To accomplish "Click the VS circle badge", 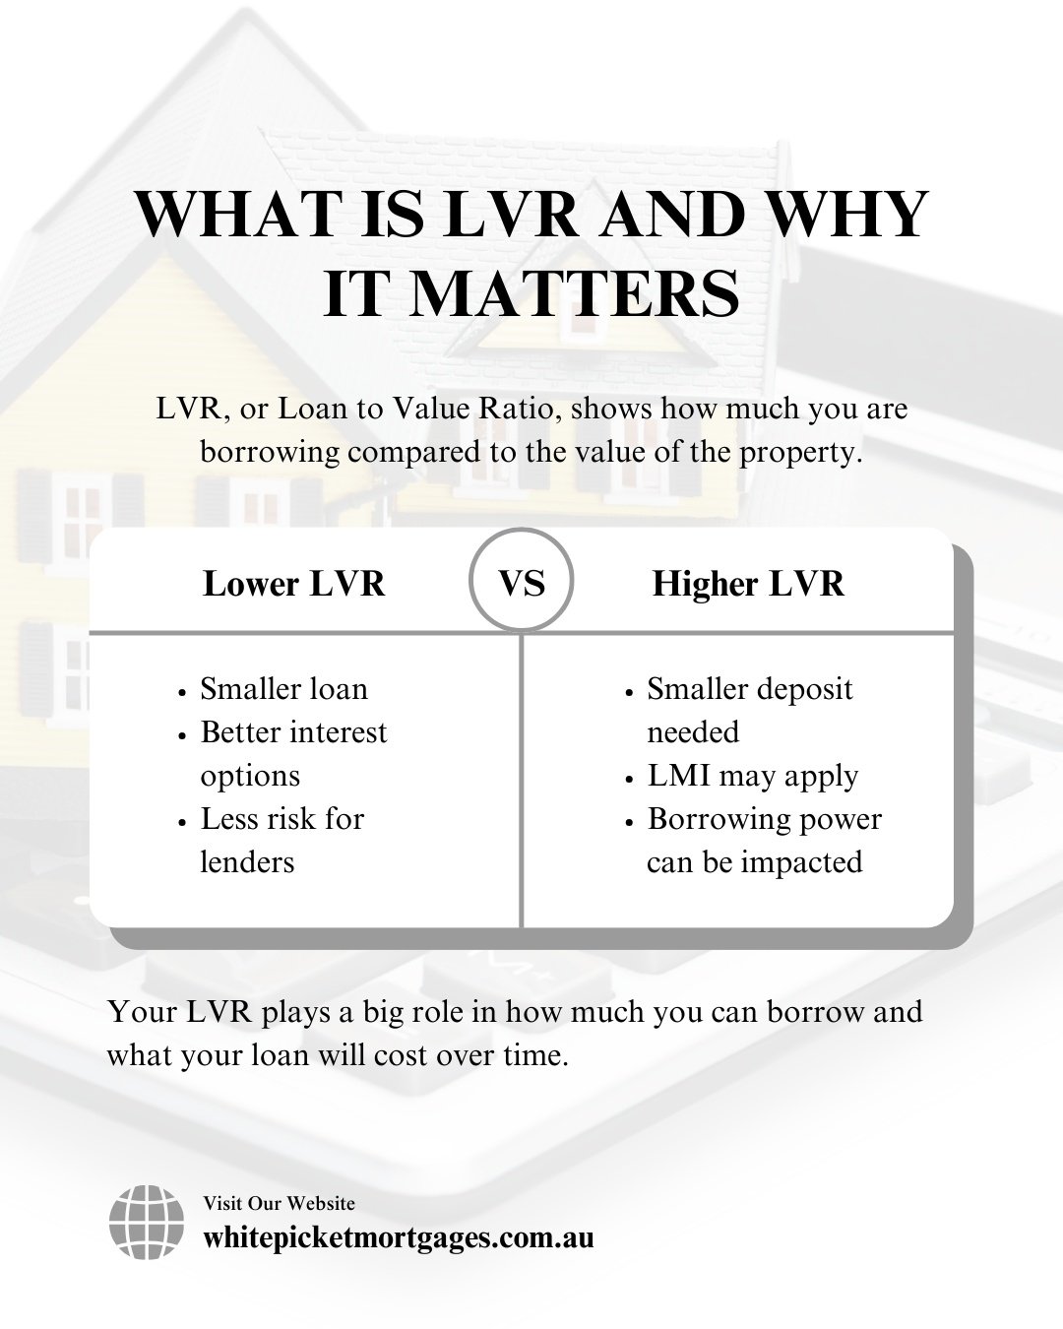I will (522, 584).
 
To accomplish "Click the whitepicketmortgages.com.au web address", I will (399, 1237).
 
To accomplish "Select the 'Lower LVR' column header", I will (293, 584).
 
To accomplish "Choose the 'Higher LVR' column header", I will (748, 584).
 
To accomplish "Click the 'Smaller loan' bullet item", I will (283, 688).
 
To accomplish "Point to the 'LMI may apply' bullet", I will (752, 776).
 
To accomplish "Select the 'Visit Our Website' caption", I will (279, 1203).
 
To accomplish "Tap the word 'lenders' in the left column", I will (247, 862).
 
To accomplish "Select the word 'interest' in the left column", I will (333, 732).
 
